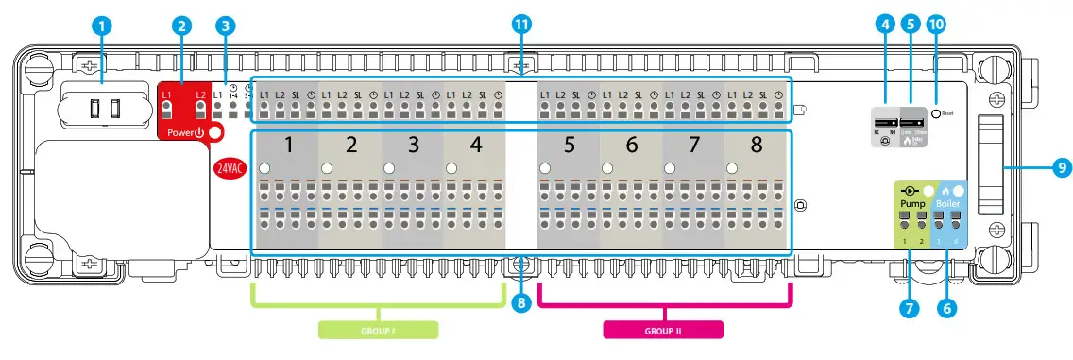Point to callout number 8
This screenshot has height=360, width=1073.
[520, 304]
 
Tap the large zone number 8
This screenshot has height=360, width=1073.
[756, 146]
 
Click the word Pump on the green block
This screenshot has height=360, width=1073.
[911, 203]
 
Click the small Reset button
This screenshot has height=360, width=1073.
[936, 112]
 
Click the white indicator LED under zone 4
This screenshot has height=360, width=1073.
[451, 168]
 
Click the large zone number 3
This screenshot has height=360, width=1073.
[412, 146]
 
